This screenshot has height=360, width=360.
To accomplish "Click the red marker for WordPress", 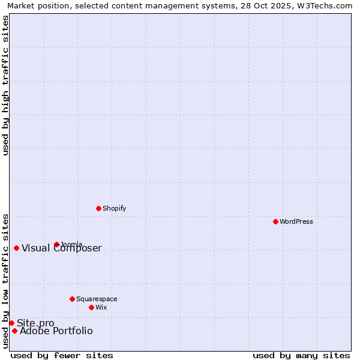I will coord(275,221).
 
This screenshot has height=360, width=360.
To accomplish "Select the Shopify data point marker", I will coord(98,208).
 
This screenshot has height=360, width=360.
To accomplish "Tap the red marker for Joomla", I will coord(56,244).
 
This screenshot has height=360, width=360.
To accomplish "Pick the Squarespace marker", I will coord(72,299).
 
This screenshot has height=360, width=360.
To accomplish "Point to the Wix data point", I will coord(91,307).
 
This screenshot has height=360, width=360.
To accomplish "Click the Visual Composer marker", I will coord(16,248).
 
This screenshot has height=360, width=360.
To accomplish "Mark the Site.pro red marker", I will coord(11,323).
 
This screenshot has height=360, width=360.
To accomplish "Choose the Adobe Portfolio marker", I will coord(14,331).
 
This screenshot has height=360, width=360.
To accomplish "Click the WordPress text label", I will coord(296,221).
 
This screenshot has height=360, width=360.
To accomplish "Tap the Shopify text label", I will coord(114,208).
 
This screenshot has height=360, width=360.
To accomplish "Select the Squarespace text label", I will coord(97,299).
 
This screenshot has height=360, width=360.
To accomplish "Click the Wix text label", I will coord(101,307).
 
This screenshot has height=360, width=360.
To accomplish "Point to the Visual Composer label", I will coord(62,248).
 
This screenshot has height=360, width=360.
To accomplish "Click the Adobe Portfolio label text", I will coord(56,331).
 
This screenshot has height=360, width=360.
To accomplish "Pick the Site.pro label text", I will coord(35,323).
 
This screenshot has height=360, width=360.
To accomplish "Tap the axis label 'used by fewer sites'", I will coord(62,355).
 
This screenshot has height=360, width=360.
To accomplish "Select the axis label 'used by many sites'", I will coord(301,355).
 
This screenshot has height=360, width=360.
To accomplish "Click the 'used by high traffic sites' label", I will coord(5,85).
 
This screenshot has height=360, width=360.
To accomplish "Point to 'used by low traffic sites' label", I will coord(5,280).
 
